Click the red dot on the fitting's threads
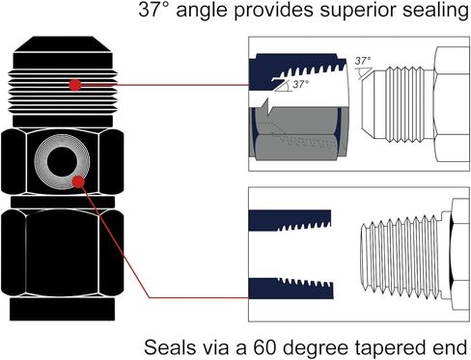coord(75,85)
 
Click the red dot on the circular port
coord(78,181)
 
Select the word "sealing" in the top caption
coord(433,11)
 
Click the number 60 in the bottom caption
coord(264,347)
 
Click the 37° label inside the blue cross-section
coord(300,84)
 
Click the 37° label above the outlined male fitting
coord(363,61)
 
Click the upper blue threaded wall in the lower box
coord(290,220)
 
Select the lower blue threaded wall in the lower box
coord(291,288)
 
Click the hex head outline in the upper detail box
coord(452,104)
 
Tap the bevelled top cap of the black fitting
coord(63,44)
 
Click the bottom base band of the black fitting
coord(63,309)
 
